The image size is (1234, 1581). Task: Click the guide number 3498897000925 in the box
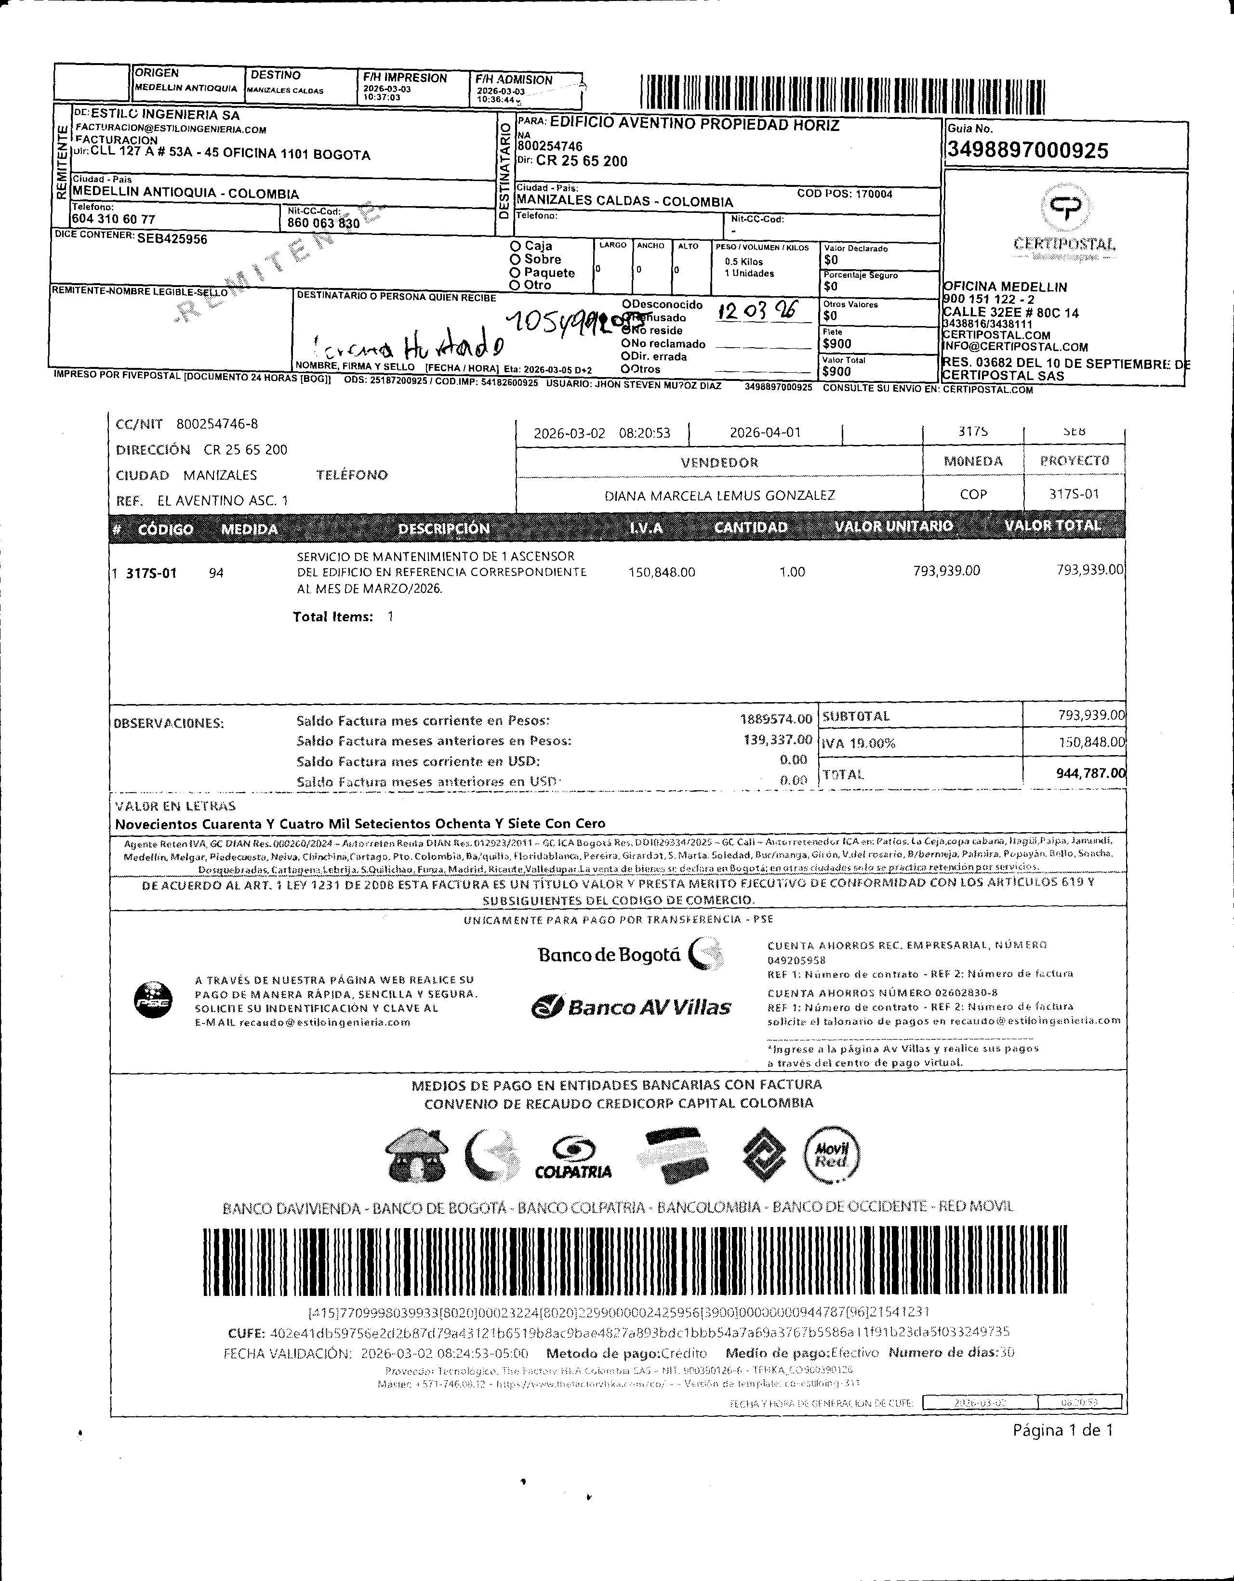coord(1027,151)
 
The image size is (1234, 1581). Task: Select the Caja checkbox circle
coord(516,246)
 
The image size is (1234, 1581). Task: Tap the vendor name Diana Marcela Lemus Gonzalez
coord(719,495)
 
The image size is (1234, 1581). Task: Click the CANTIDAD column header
coord(750,527)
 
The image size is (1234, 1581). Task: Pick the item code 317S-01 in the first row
coord(151,574)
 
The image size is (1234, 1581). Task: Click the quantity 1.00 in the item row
coord(792,572)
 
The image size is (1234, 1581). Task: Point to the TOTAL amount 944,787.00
coord(1090,773)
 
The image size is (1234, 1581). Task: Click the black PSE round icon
coord(154,1001)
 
